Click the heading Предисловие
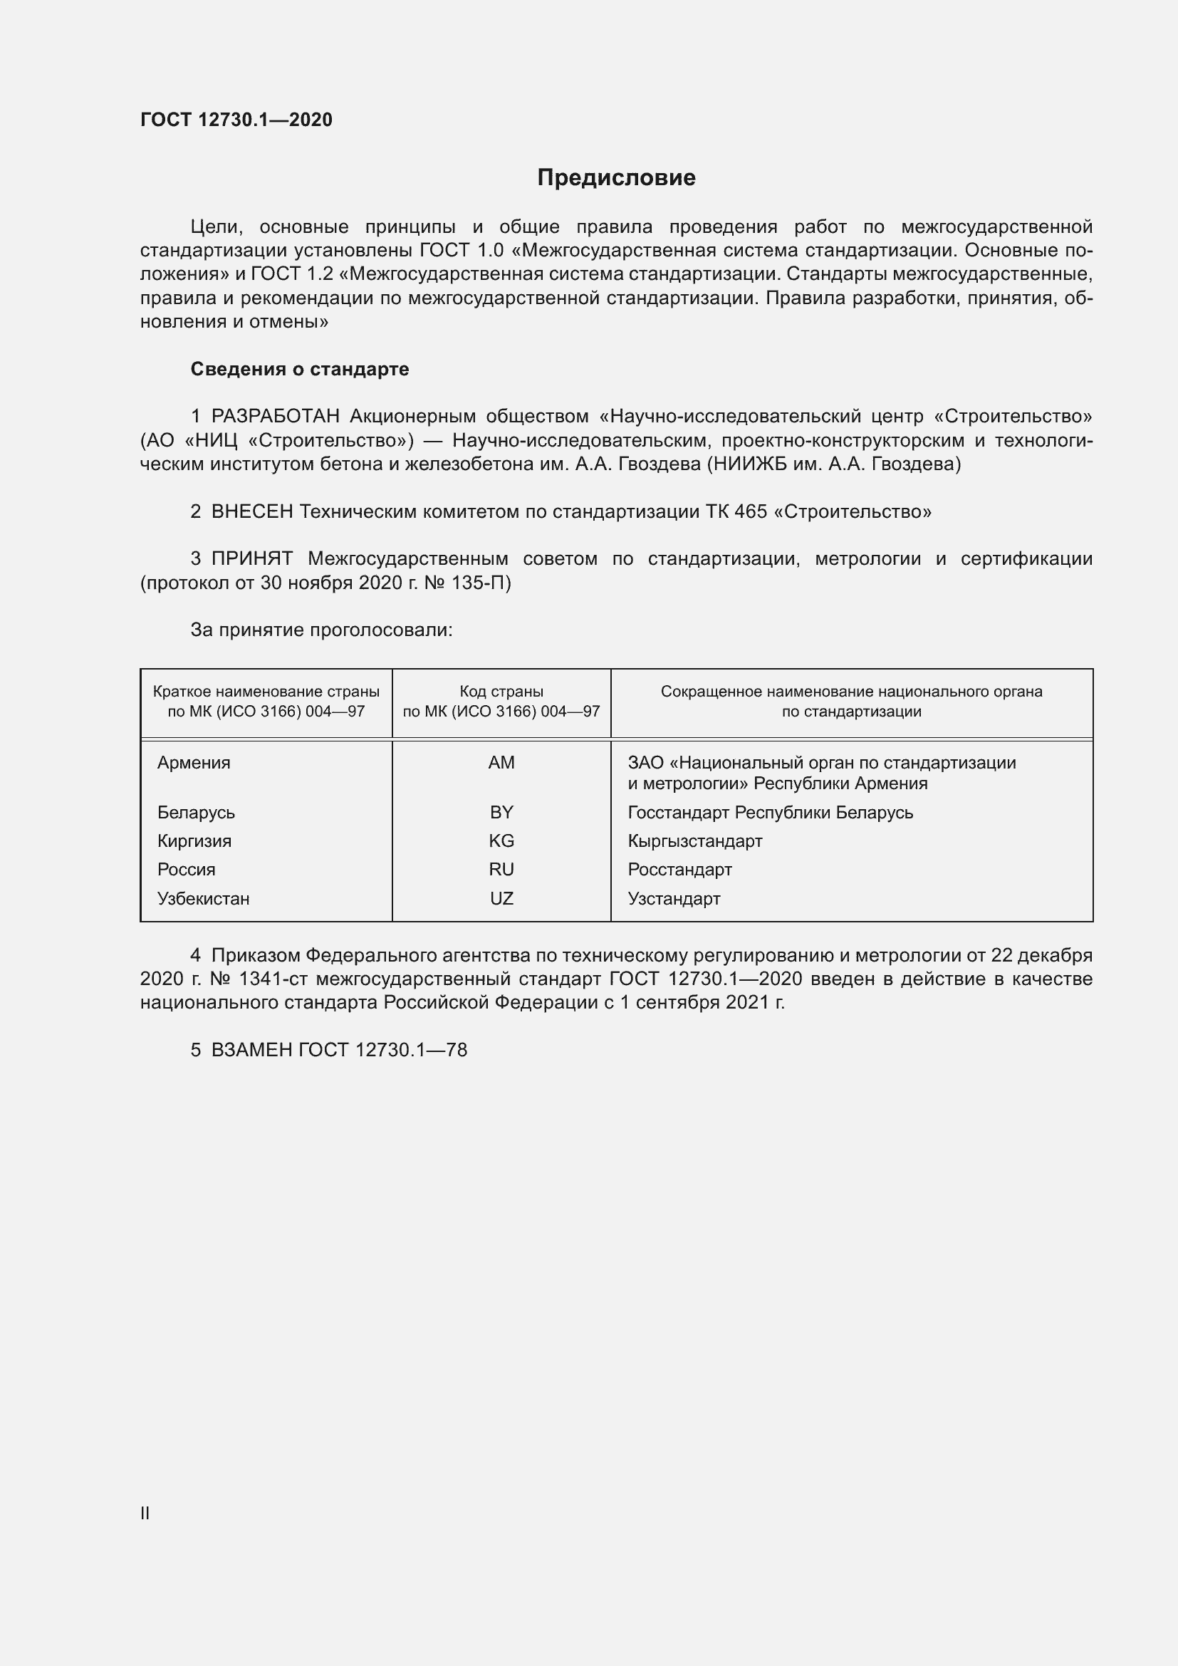click(616, 178)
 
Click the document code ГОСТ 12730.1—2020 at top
click(236, 120)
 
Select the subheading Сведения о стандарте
click(300, 370)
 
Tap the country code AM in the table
click(501, 763)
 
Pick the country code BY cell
click(501, 813)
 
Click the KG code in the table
click(501, 841)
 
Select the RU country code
click(501, 869)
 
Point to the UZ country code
click(501, 898)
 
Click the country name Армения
click(194, 763)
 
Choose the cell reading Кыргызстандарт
click(695, 841)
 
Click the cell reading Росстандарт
click(679, 869)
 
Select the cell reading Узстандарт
click(674, 898)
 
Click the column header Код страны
click(501, 692)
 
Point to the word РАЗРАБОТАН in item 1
click(276, 417)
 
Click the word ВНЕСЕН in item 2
click(252, 511)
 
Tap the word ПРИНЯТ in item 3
click(251, 558)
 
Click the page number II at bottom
click(145, 1514)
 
